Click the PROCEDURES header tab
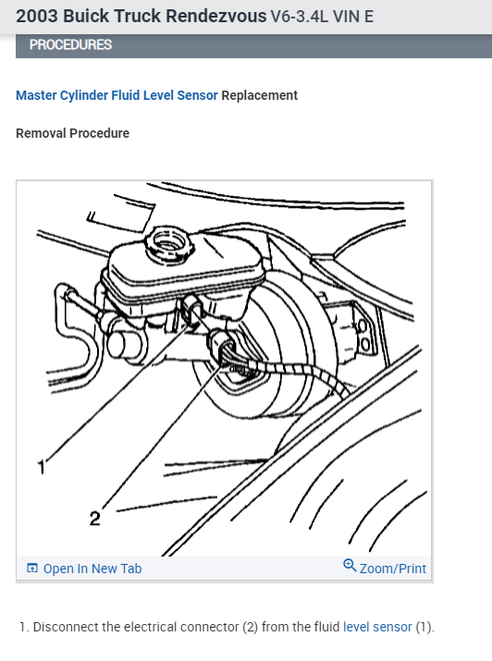[71, 45]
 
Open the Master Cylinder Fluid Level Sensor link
[117, 95]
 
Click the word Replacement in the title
[260, 95]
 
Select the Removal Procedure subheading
[72, 133]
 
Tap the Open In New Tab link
[92, 569]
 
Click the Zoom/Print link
[392, 569]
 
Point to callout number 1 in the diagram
[40, 469]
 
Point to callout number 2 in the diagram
[94, 519]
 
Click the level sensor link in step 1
[377, 627]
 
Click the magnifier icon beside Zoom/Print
[349, 566]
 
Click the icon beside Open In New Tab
[32, 569]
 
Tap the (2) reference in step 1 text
[250, 627]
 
